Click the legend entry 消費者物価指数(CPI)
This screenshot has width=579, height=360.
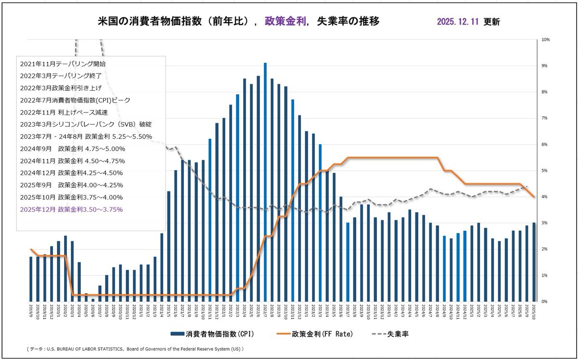click(212, 333)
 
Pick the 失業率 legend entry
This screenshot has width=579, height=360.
click(390, 333)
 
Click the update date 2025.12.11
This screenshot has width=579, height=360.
click(458, 22)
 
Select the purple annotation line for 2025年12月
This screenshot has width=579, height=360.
click(71, 209)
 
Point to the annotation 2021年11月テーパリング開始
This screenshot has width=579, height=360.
click(63, 63)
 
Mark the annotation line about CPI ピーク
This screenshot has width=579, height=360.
click(75, 100)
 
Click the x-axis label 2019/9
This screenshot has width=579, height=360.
click(31, 307)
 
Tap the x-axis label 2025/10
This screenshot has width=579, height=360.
click(534, 308)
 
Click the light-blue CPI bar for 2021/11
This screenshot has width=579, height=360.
click(210, 220)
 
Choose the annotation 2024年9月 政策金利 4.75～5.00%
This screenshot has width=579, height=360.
click(72, 149)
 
